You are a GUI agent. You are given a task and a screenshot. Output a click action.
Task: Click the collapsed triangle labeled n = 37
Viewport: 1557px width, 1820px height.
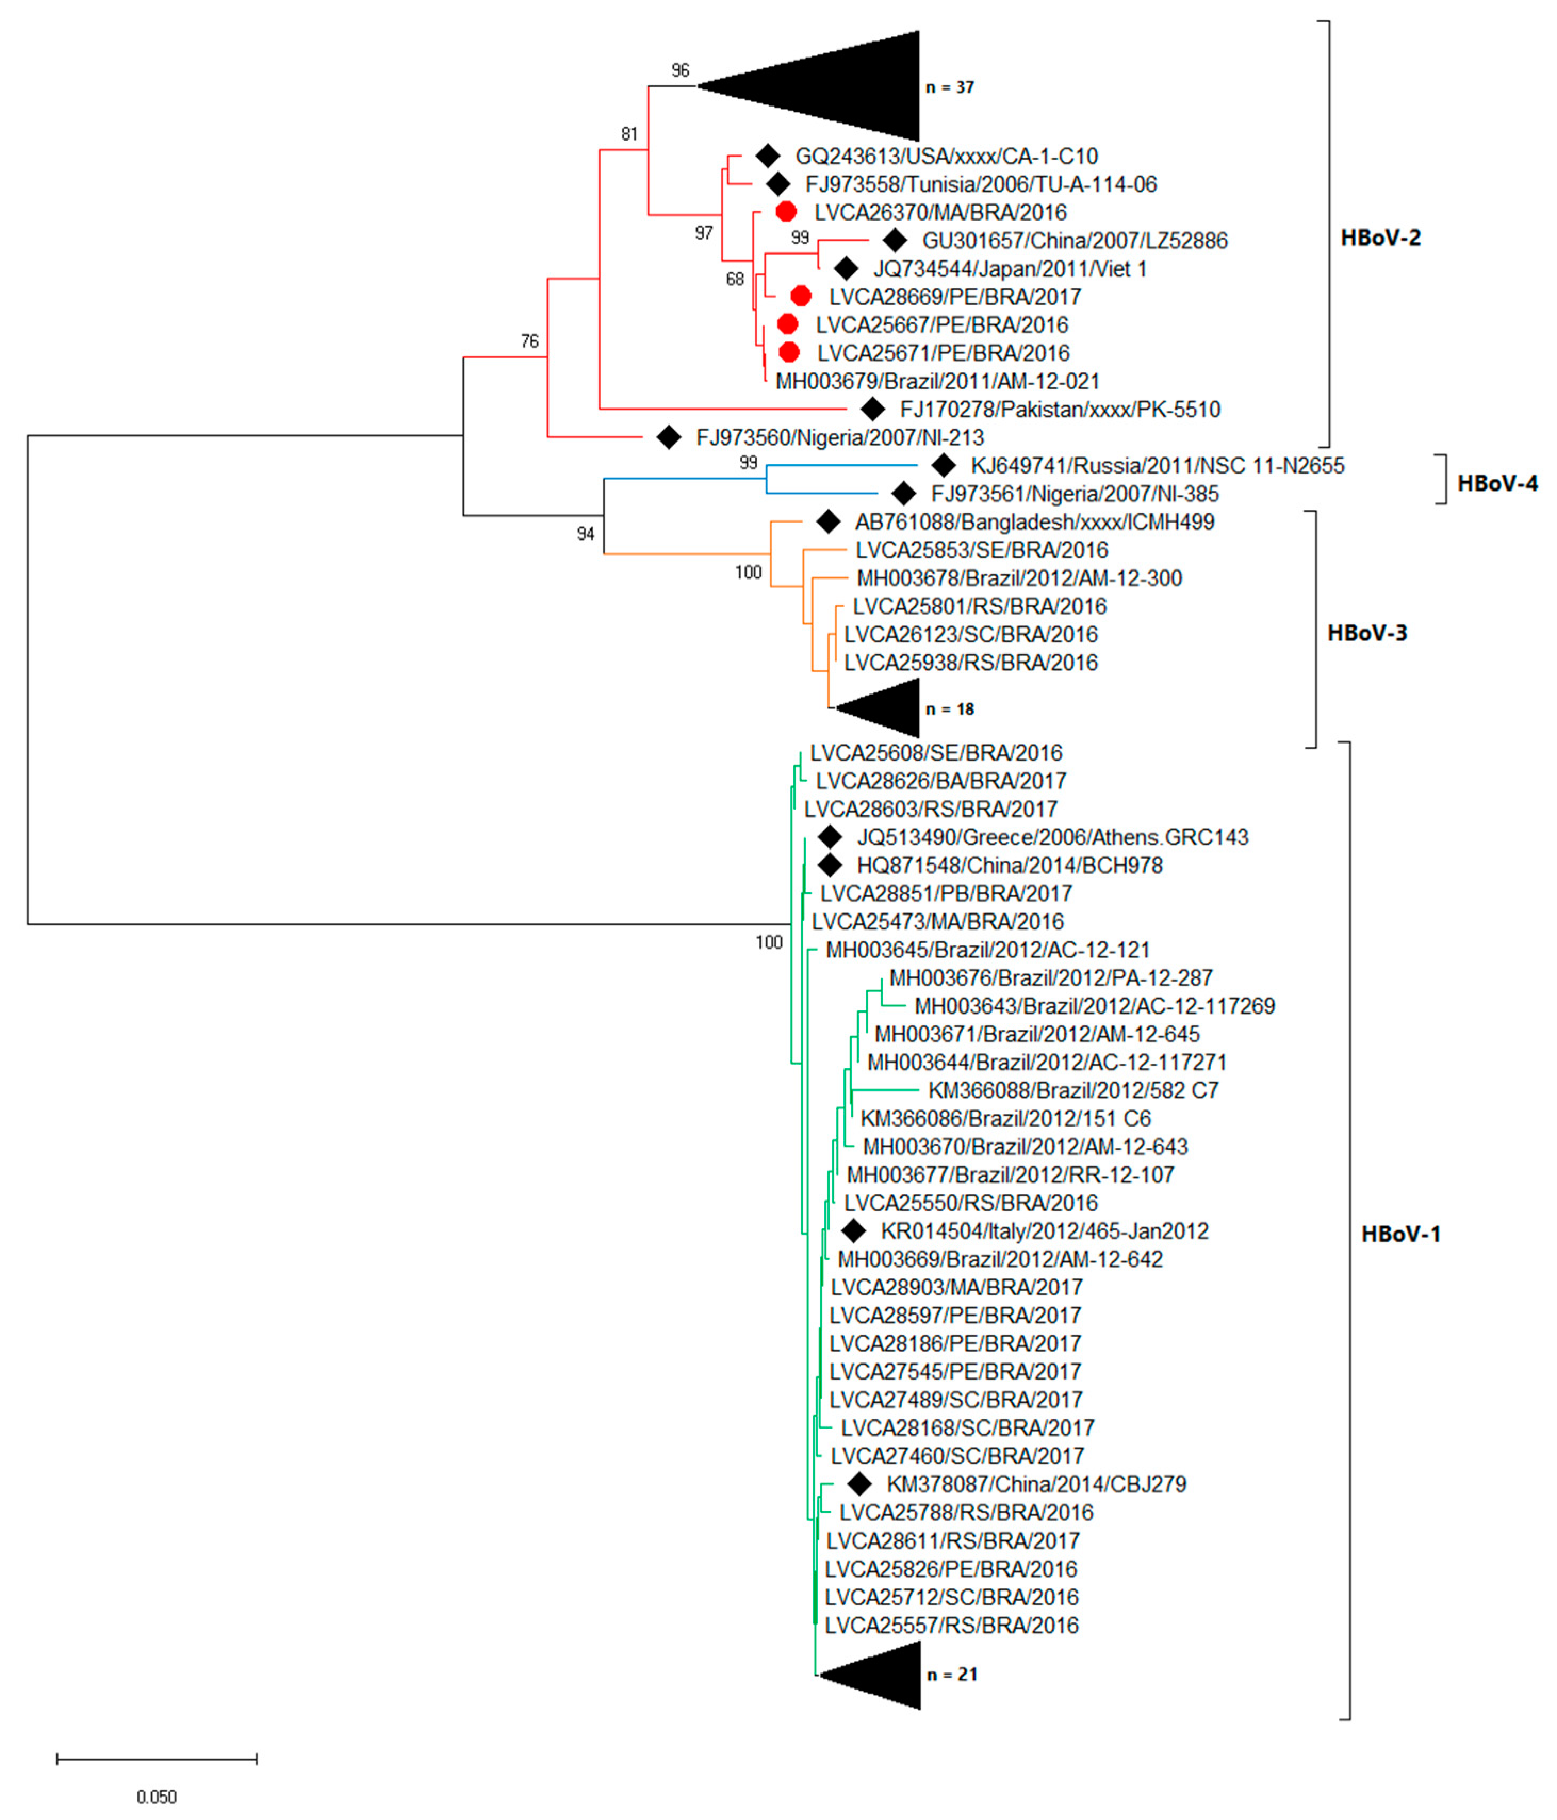843,86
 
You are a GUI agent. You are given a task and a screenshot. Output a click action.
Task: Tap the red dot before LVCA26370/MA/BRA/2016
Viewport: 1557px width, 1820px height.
786,211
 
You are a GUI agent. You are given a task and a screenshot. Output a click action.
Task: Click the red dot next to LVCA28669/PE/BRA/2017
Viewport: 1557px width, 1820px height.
800,296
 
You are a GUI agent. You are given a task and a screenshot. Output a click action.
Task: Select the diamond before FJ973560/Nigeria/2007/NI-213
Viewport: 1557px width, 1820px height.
668,437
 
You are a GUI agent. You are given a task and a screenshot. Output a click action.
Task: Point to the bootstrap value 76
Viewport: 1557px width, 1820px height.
529,341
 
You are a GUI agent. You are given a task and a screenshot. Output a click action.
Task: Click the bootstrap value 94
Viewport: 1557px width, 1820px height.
586,533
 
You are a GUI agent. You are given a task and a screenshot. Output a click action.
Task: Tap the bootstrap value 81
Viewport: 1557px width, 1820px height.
629,134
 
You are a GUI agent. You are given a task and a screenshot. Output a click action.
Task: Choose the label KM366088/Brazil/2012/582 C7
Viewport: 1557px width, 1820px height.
1073,1090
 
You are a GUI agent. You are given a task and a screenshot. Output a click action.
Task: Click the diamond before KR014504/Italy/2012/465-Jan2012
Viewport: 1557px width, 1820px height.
853,1230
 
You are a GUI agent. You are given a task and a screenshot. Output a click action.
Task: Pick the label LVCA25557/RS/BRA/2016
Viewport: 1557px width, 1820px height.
951,1625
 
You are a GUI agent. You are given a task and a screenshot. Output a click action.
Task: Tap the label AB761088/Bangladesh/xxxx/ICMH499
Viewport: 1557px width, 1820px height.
1035,522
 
